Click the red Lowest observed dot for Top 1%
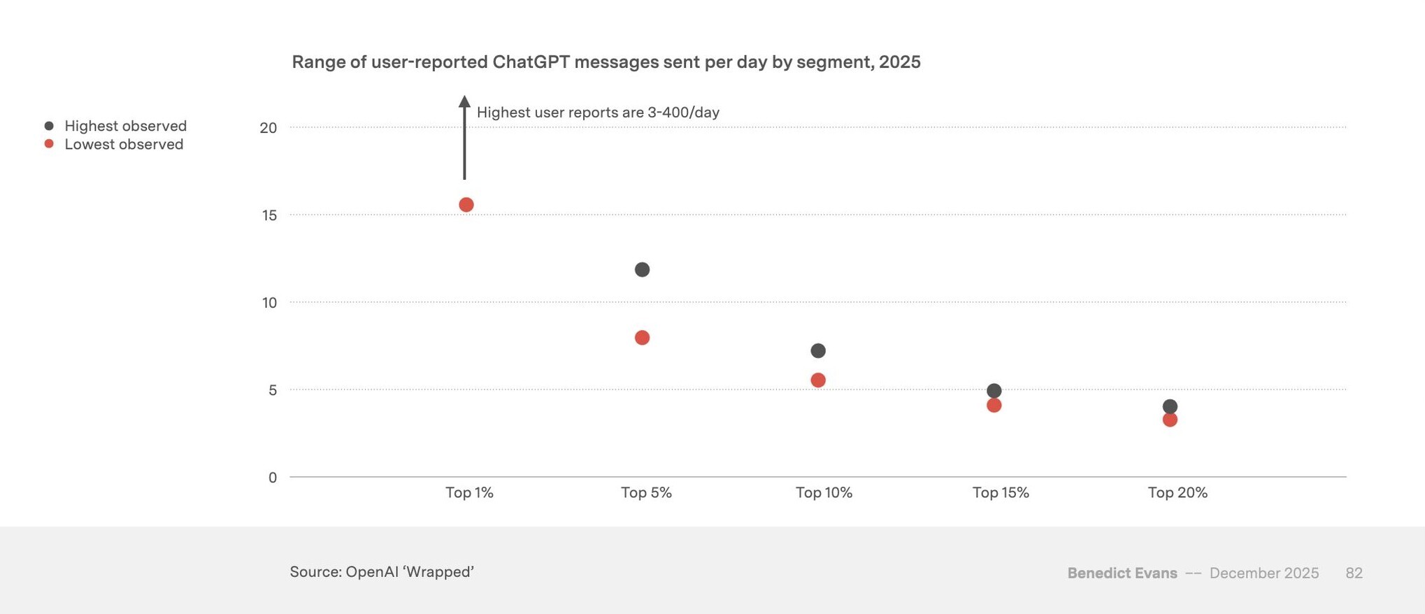coord(466,205)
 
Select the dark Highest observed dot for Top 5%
coord(642,270)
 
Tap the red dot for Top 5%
coord(642,338)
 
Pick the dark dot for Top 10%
coord(818,350)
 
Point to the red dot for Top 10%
coord(818,380)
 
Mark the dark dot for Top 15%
coord(994,391)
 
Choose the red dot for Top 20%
coord(1170,420)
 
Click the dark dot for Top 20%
coord(1170,406)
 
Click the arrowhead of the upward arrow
coord(464,101)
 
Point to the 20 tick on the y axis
coord(268,128)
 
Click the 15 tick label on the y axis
coord(269,215)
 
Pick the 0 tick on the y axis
coord(273,478)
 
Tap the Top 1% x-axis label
coord(469,493)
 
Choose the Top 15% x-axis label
coord(1001,493)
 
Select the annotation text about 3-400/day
coord(598,113)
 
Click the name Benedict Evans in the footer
coord(1122,573)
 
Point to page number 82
coord(1354,573)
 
